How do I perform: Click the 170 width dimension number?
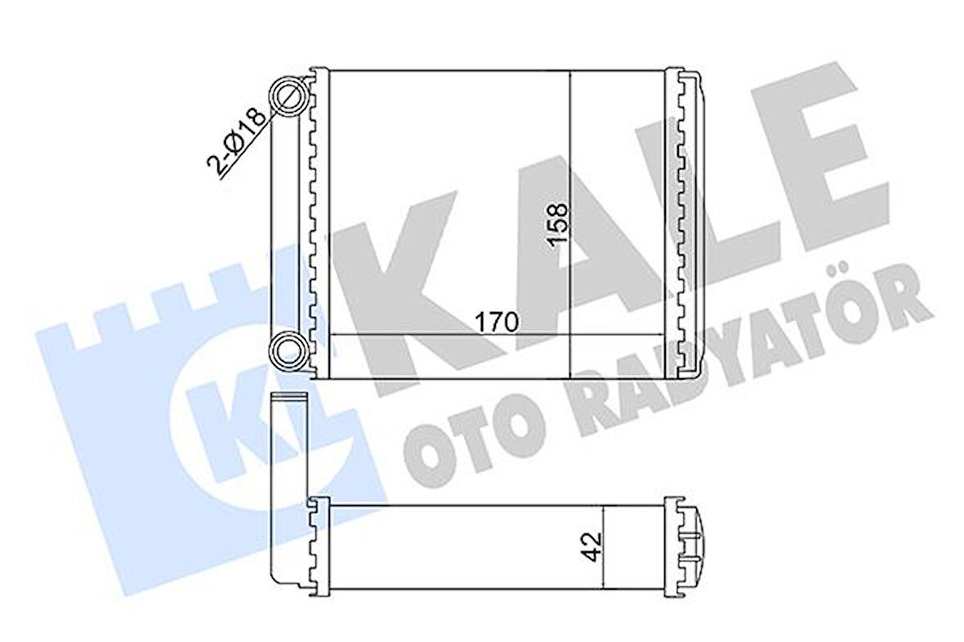(498, 322)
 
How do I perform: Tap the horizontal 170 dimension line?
(408, 334)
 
